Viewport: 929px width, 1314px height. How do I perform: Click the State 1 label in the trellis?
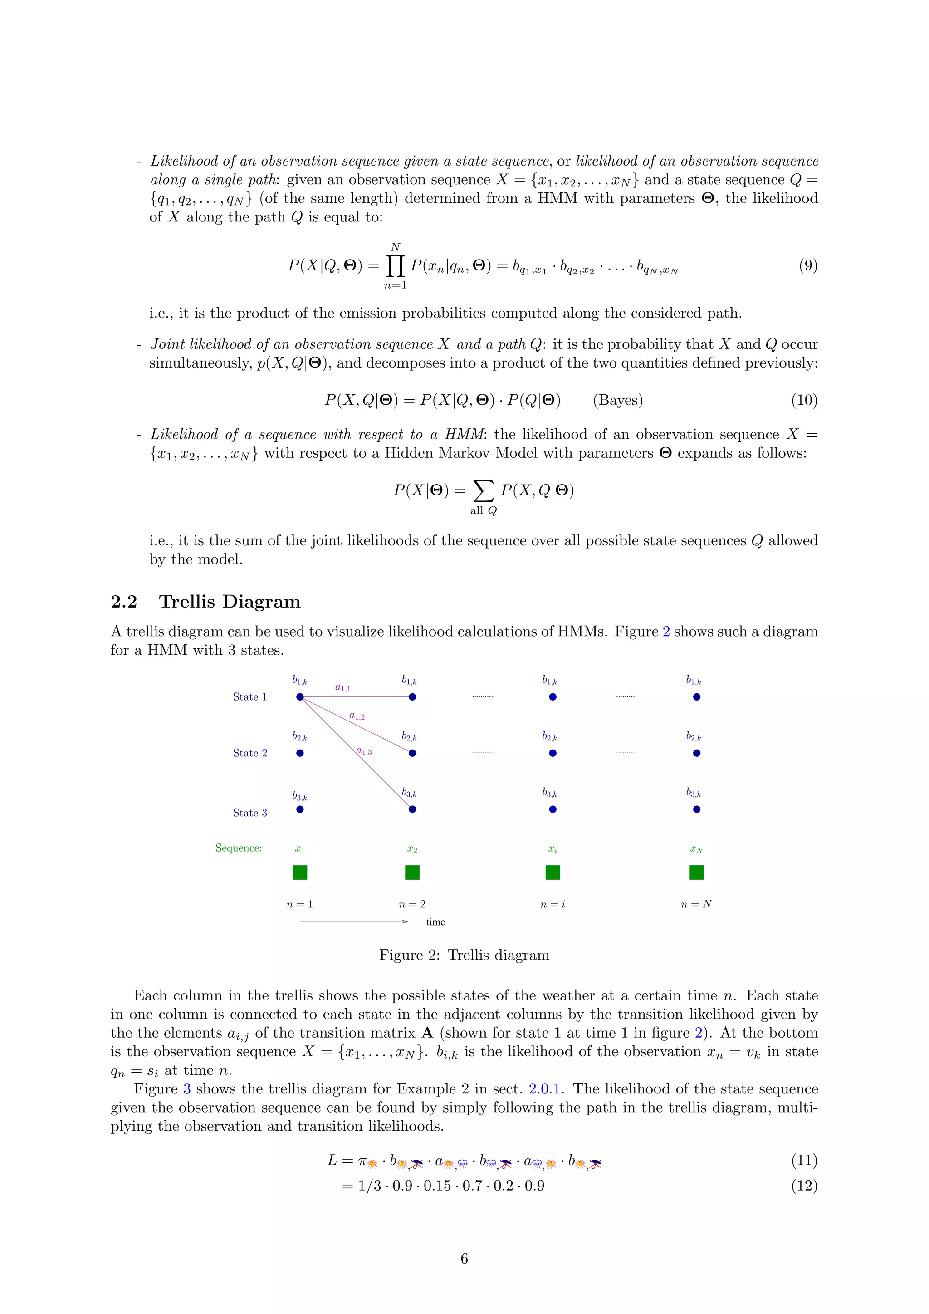point(249,696)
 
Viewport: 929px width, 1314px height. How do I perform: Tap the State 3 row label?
point(249,813)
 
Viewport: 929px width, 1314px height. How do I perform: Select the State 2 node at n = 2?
point(412,753)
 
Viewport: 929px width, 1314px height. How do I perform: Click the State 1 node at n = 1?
point(300,696)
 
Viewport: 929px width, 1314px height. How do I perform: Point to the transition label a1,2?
point(357,716)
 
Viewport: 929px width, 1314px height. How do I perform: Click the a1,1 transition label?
point(342,688)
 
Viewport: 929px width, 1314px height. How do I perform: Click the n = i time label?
point(552,904)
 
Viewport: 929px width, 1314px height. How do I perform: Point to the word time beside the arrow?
point(435,922)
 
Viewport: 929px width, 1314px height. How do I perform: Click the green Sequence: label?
point(239,848)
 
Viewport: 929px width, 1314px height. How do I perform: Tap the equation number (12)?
point(804,1185)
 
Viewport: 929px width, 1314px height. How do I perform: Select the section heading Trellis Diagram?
point(230,602)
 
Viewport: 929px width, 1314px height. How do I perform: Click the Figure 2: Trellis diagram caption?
point(464,955)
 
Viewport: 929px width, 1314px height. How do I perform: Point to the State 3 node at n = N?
point(696,809)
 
